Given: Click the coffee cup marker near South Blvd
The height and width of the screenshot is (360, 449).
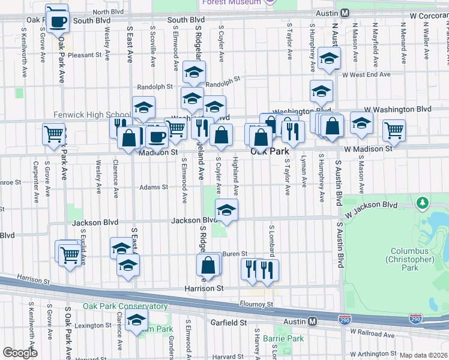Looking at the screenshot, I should tap(57, 21).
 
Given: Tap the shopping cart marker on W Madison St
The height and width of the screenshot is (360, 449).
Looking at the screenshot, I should tap(394, 130).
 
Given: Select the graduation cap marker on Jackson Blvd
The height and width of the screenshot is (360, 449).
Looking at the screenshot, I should tap(226, 210).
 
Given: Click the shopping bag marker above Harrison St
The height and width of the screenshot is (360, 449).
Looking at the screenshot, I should tap(208, 265).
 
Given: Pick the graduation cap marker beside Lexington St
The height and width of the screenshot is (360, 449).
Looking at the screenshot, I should tap(137, 320).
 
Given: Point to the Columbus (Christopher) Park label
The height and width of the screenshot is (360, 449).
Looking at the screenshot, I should tap(412, 255).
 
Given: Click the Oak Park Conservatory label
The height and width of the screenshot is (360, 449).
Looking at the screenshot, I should tap(117, 306).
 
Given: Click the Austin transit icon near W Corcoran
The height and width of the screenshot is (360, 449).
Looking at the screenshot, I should tap(345, 13).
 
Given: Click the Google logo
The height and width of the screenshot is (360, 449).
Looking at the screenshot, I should tap(20, 353).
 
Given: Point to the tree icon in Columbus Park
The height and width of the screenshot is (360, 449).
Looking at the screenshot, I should tap(424, 202).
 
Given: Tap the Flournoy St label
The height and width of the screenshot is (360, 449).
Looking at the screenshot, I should tap(256, 304).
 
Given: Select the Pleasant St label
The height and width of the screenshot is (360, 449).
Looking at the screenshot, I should tap(85, 55).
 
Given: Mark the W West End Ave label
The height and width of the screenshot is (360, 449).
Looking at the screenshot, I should tap(366, 74).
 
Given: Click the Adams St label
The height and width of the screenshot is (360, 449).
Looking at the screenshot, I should tap(154, 187).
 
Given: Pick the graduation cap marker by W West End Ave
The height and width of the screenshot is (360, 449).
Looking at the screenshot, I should tap(330, 59).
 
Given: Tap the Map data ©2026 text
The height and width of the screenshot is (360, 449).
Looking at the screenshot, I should tap(424, 355).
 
